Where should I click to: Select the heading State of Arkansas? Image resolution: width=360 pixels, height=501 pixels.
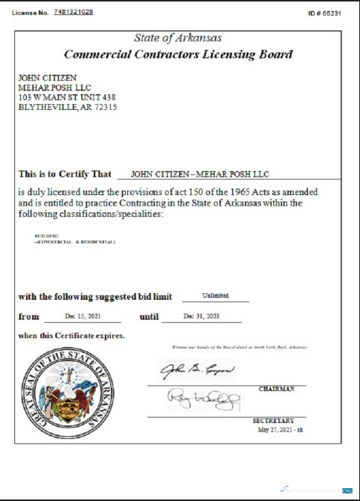coord(177,38)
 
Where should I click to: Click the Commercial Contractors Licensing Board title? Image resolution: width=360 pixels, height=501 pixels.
coord(177,55)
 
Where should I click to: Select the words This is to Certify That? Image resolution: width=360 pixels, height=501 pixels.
coord(65,174)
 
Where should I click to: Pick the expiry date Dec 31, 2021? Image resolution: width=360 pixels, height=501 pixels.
coord(202,316)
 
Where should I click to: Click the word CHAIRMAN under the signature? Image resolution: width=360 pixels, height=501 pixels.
coord(276,389)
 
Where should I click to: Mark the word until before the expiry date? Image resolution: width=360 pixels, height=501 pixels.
coord(150,316)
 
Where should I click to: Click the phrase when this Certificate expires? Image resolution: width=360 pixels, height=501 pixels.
coord(71,335)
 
